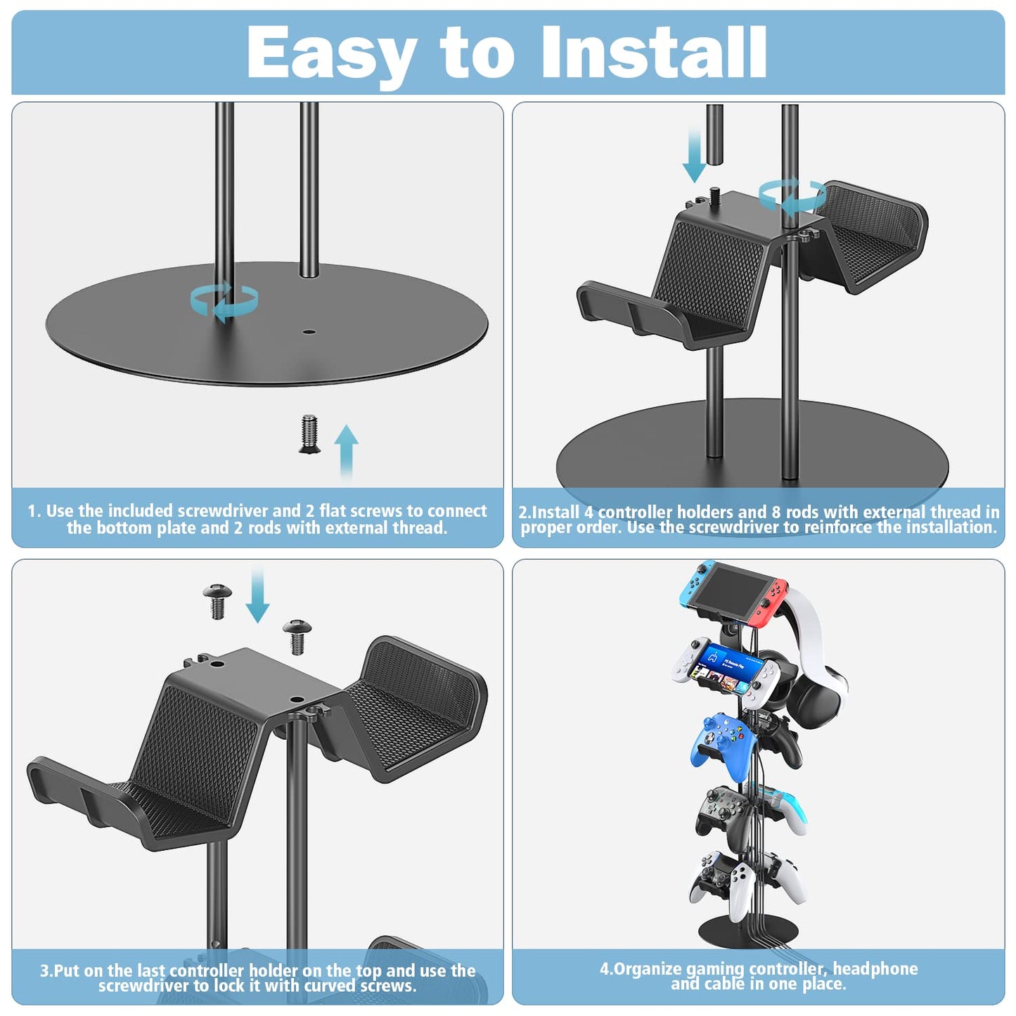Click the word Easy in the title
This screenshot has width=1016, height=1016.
click(332, 53)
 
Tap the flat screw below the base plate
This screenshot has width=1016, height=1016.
click(309, 434)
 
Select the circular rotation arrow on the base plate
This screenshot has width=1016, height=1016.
click(224, 301)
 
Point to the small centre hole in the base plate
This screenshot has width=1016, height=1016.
click(309, 330)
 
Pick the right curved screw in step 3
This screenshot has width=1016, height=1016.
click(296, 635)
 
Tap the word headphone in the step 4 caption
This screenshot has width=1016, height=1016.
click(875, 969)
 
